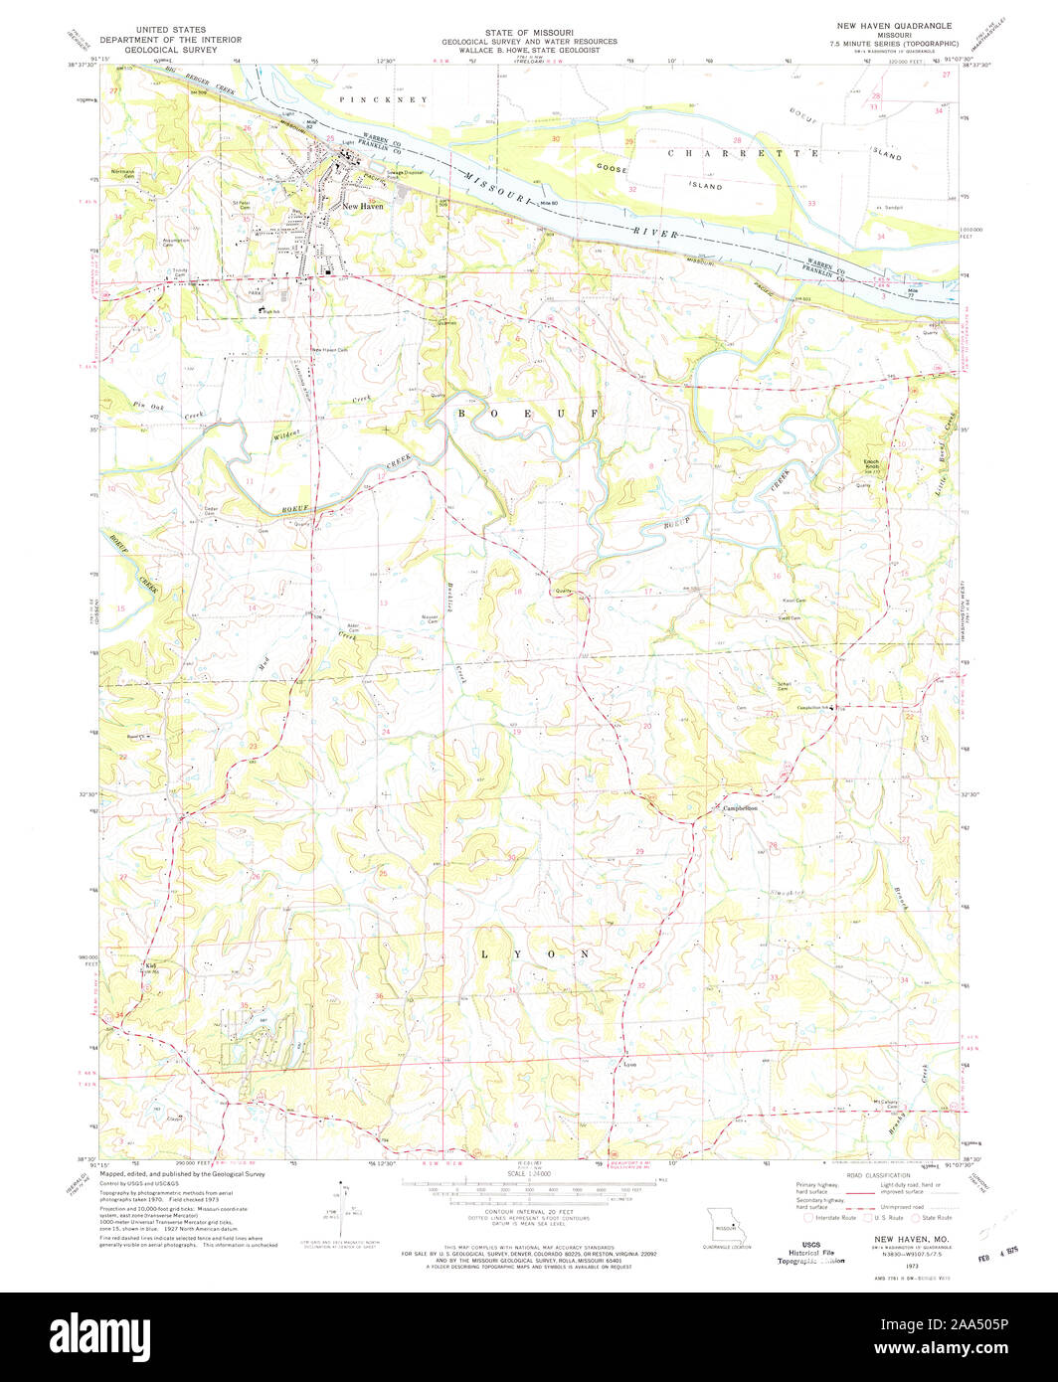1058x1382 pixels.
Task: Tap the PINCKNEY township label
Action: pyautogui.click(x=383, y=100)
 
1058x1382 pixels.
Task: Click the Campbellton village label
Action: pyautogui.click(x=740, y=808)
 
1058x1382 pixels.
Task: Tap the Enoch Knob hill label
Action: pyautogui.click(x=871, y=464)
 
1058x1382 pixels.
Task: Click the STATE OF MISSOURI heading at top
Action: pyautogui.click(x=529, y=31)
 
